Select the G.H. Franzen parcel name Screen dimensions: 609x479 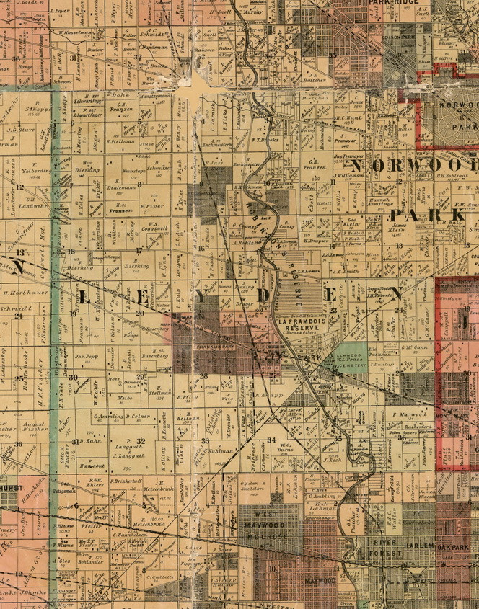pos(314,164)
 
